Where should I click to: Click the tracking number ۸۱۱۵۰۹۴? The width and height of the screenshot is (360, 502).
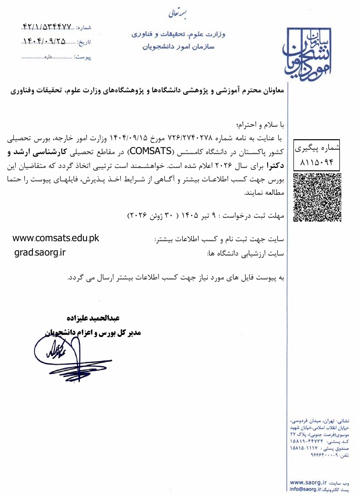point(316,161)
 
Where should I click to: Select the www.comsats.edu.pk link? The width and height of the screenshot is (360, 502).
point(56,238)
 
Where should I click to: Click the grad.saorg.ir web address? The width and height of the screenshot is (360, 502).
point(40,252)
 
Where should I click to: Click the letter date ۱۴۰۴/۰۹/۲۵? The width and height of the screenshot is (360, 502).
point(46,42)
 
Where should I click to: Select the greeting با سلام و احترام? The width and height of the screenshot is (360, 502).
point(259,125)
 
